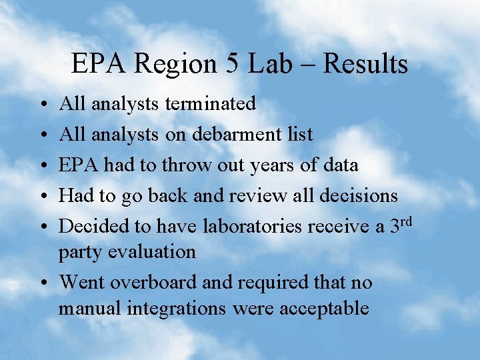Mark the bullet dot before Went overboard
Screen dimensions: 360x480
43,283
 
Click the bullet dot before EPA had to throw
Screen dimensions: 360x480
43,166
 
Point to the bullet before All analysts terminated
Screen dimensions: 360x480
43,105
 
